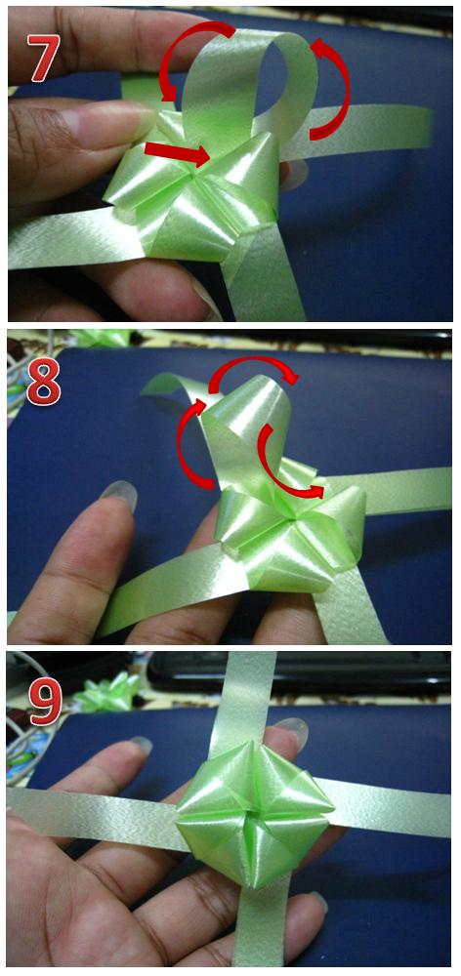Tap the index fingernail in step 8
(x=119, y=495)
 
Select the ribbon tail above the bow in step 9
(x=245, y=697)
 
